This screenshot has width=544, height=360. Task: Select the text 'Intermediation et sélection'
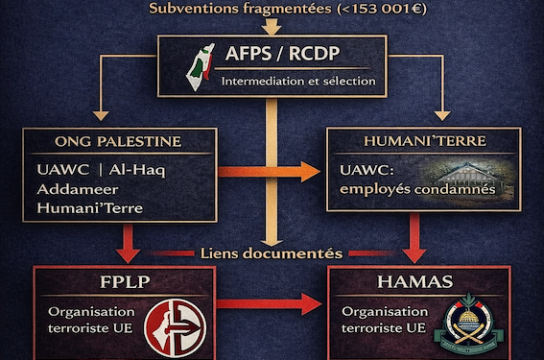coord(297,80)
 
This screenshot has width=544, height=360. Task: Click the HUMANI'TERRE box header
coord(414,142)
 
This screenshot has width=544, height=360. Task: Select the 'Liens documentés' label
coord(272,253)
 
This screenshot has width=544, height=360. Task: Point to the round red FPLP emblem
coord(175,324)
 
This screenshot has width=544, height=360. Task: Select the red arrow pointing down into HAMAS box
coord(414,237)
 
